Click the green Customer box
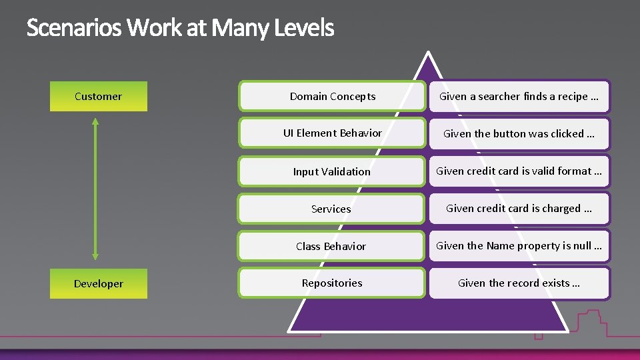click(x=99, y=96)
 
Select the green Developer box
click(x=99, y=283)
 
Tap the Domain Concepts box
click(x=332, y=96)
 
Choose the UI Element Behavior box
click(x=332, y=133)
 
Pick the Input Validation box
click(x=332, y=171)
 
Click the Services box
click(x=332, y=209)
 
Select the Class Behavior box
click(x=332, y=246)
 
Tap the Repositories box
click(x=332, y=283)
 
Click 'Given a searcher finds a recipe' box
click(x=519, y=96)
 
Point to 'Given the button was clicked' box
click(x=519, y=133)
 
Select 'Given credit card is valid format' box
click(x=519, y=171)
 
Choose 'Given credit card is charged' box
click(x=519, y=208)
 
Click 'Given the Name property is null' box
click(x=519, y=245)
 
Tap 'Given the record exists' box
click(x=519, y=283)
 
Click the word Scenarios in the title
click(x=74, y=29)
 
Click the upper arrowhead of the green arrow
click(x=95, y=123)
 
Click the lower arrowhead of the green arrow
click(x=95, y=255)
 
